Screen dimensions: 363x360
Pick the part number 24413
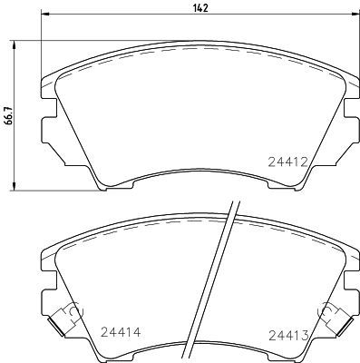(x=287, y=336)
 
